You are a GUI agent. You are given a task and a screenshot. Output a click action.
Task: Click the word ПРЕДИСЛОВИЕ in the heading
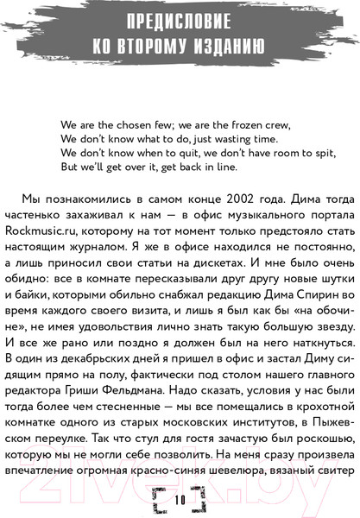point(179,22)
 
